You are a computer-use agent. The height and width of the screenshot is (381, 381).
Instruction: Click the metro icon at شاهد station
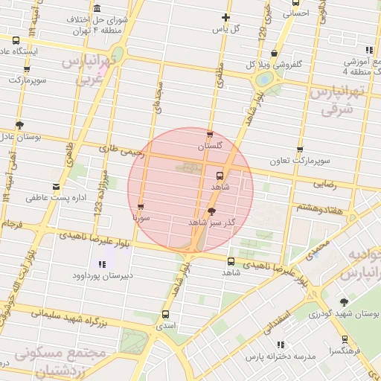click(x=219, y=176)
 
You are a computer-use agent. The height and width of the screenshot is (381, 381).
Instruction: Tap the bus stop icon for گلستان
click(x=210, y=135)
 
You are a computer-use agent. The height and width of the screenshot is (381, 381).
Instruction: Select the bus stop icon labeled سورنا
click(x=141, y=207)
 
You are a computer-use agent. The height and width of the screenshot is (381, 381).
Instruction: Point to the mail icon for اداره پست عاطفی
click(x=56, y=187)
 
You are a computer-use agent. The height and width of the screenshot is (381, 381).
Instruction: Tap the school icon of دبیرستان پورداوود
click(x=102, y=263)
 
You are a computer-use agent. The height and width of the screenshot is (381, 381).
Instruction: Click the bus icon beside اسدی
click(x=164, y=314)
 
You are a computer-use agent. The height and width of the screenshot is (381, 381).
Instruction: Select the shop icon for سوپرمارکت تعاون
click(x=300, y=150)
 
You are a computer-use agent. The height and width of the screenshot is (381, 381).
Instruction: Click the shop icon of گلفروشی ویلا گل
click(x=275, y=53)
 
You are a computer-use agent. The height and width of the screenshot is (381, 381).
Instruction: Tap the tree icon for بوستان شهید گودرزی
click(x=343, y=302)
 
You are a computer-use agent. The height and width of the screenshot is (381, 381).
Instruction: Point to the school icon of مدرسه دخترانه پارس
click(x=281, y=345)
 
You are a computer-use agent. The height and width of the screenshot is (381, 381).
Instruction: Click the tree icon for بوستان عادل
click(x=19, y=125)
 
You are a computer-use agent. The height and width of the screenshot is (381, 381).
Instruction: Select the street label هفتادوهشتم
click(x=321, y=209)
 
